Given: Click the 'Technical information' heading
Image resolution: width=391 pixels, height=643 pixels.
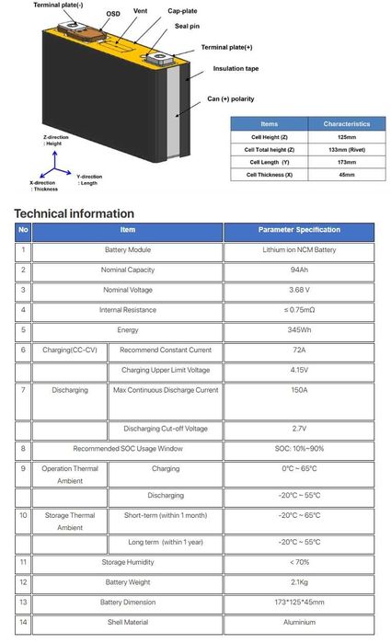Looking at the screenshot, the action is pos(74,213).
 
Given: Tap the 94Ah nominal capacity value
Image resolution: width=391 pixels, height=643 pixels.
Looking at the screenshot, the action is pos(299,270).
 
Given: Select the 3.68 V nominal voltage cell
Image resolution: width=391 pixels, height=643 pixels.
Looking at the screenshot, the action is pos(299,290).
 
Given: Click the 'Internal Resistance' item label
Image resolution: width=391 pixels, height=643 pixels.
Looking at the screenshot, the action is pos(128,310).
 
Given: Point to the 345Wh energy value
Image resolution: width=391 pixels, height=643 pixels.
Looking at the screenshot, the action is pos(299,329).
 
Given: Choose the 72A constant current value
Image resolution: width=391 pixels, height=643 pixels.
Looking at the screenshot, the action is pos(299,350).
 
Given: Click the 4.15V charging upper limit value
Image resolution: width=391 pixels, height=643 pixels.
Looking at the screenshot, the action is pos(299,370).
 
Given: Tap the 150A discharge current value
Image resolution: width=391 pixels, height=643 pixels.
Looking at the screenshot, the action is pos(299,390).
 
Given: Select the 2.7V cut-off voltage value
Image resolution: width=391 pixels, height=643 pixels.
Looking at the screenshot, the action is pos(299,428).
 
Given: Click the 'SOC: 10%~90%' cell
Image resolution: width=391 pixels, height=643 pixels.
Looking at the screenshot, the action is pos(299,448).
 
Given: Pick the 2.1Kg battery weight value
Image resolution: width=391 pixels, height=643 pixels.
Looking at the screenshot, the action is pos(299,581).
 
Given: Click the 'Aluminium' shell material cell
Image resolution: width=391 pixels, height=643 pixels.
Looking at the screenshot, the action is pos(299,622).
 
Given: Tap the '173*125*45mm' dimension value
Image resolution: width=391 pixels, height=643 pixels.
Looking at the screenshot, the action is pos(299,602).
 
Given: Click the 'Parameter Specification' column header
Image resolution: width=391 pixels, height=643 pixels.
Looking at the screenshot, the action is pos(299,230).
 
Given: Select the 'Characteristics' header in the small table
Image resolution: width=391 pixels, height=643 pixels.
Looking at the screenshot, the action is pos(347,123).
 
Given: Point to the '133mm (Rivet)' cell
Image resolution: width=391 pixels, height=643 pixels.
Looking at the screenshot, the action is pos(347,148).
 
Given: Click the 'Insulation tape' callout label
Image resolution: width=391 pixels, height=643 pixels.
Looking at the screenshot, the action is pos(236,68).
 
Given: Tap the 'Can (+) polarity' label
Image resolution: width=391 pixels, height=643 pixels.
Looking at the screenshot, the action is pos(230,98).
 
